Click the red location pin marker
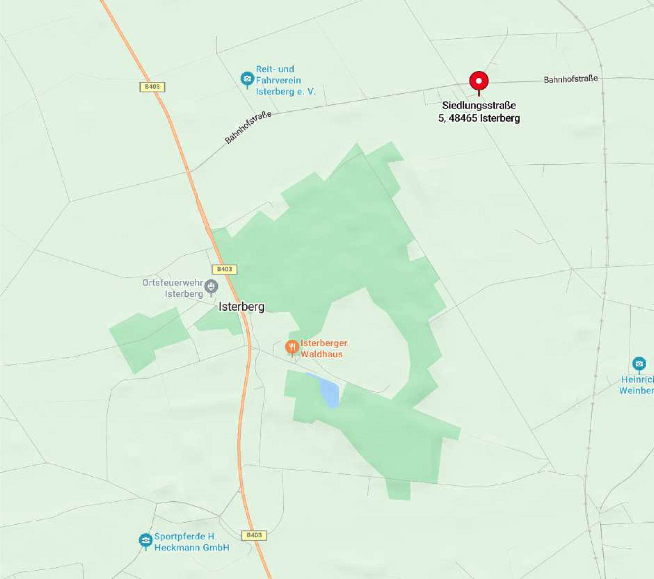tap(479, 81)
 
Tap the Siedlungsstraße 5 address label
tap(479, 112)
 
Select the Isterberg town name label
tap(241, 307)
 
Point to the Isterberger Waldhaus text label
tap(323, 349)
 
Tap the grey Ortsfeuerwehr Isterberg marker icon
tap(211, 286)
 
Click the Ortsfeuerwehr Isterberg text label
tap(173, 288)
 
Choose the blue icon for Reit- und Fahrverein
tap(247, 79)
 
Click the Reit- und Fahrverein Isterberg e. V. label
tap(285, 80)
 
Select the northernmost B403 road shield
tap(152, 87)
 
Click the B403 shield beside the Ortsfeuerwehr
tap(224, 269)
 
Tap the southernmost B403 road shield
tap(254, 535)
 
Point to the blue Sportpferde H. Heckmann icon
tap(146, 540)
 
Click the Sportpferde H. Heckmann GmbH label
tap(192, 542)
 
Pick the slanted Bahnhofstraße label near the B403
tap(248, 127)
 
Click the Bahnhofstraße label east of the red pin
tap(570, 79)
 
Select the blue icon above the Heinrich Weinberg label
tap(639, 364)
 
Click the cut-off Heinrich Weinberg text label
tap(637, 385)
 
